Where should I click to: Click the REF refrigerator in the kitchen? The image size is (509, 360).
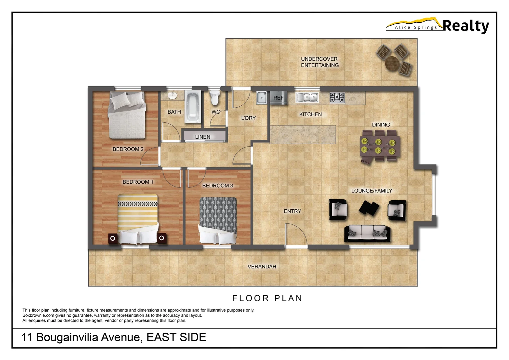click(278, 97)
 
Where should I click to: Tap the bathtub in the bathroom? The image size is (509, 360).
click(193, 107)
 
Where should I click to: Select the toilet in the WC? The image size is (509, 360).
click(215, 98)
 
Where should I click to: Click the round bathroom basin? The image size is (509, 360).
click(172, 96)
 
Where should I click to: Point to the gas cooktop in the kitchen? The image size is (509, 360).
click(337, 97)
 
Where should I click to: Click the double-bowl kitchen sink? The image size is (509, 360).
click(307, 97)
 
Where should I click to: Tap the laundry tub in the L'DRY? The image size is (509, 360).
click(261, 98)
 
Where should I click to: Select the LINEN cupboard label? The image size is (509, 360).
click(203, 137)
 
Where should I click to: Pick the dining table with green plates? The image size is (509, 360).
click(380, 146)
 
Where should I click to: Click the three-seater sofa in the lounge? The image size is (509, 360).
click(367, 233)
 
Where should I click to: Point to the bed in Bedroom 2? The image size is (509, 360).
click(127, 115)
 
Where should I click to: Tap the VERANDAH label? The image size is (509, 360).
click(262, 267)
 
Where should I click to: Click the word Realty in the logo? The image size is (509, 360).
click(466, 26)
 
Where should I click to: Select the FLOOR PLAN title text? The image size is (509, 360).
click(267, 298)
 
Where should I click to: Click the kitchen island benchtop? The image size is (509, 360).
click(302, 134)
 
